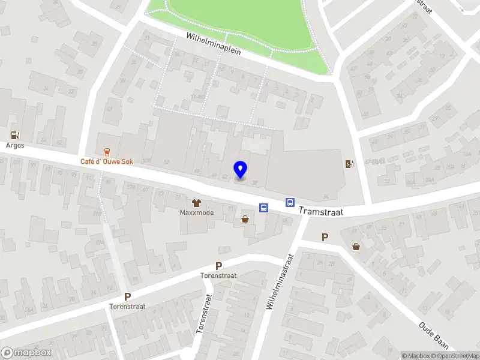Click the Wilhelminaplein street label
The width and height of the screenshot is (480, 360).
(213, 44)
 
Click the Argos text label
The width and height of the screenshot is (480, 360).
(15, 145)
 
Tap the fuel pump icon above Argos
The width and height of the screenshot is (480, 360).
(15, 135)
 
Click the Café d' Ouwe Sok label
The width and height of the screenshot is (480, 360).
(107, 162)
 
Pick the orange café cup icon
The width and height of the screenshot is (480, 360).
(107, 151)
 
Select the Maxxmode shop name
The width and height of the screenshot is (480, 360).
(197, 212)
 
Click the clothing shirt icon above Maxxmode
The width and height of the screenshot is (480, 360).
(196, 202)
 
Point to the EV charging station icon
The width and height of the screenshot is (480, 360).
(349, 164)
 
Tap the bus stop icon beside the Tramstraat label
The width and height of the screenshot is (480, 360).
(290, 203)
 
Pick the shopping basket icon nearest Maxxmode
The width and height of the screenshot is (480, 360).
(245, 219)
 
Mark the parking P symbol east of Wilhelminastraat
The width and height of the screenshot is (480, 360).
(325, 237)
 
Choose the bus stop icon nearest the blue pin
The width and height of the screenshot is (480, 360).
(263, 208)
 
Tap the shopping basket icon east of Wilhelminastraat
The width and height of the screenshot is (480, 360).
(356, 245)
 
